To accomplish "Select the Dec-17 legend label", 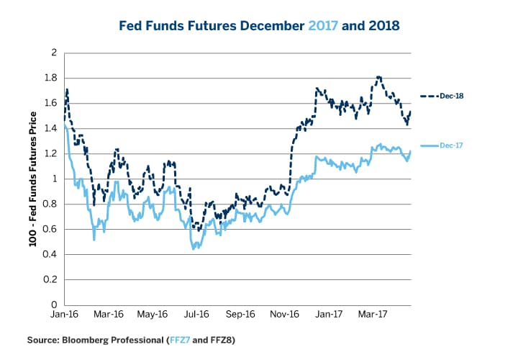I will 450,145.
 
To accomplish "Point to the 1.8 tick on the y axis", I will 53,78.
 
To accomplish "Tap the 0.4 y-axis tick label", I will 53,254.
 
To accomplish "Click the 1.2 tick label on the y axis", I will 53,154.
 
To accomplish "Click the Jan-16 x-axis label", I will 64,315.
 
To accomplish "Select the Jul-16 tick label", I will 196,315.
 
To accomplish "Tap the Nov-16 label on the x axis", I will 285,315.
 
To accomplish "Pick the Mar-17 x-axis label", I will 373,315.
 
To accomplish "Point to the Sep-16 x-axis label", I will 240,315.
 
